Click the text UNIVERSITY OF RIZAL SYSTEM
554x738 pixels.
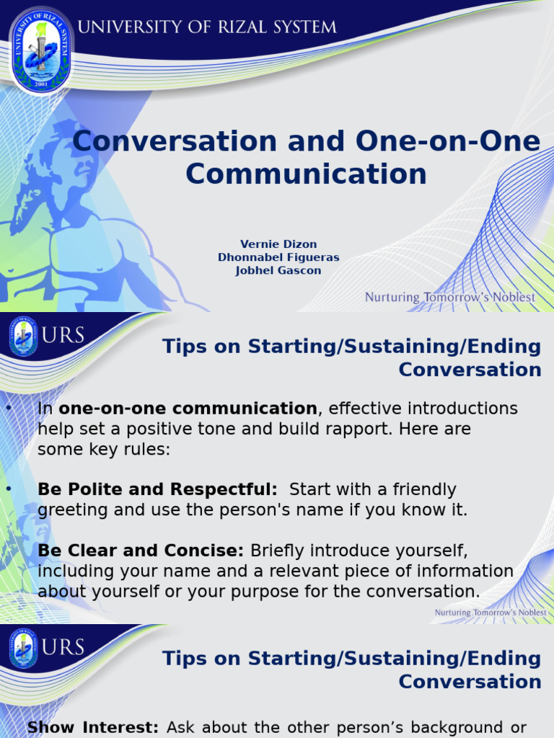pos(207,27)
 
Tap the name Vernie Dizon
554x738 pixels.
pos(278,244)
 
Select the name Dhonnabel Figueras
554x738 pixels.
pos(278,257)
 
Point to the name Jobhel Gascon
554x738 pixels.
pos(278,270)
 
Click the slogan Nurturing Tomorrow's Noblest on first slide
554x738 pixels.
pos(450,297)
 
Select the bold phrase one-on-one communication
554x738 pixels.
pos(188,409)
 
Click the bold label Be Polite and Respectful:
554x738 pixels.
pos(157,490)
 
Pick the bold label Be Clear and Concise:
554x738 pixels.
pos(141,551)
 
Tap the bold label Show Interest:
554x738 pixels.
pos(92,728)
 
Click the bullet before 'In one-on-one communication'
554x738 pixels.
pos(9,409)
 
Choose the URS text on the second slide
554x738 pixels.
pos(65,335)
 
